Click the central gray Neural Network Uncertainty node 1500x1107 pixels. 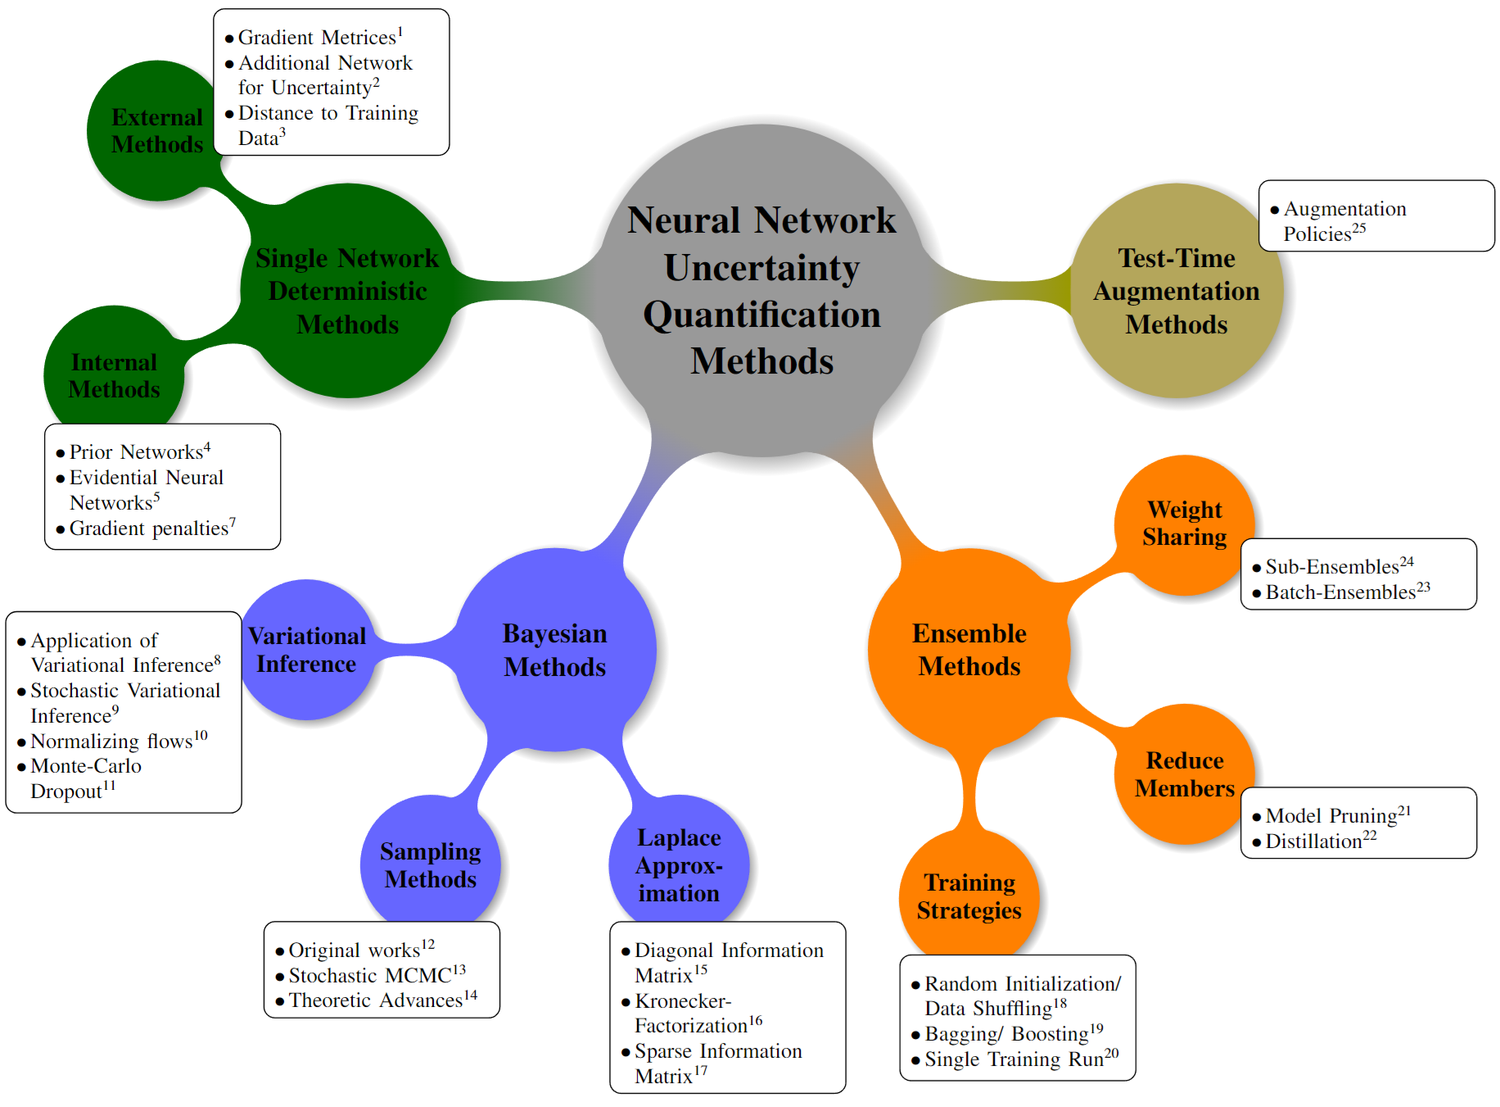[x=761, y=290]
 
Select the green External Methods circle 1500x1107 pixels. [x=156, y=131]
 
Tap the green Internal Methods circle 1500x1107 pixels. [x=114, y=375]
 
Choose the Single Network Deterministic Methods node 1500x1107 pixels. [x=347, y=291]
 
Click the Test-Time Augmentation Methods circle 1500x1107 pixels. [x=1176, y=291]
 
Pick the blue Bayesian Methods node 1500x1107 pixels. [x=555, y=650]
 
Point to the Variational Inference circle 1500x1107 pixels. [x=306, y=650]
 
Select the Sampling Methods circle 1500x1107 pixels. [x=431, y=865]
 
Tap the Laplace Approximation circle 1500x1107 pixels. [x=679, y=865]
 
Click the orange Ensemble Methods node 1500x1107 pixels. [x=969, y=650]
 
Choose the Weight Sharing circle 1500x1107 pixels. [x=1184, y=524]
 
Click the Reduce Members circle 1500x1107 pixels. [x=1184, y=774]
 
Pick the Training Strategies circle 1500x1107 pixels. [x=969, y=896]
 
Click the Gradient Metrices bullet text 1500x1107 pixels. [x=318, y=38]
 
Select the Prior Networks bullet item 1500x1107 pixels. [x=137, y=451]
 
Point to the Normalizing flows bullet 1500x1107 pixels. [x=112, y=741]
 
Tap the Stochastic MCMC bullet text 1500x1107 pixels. [x=370, y=975]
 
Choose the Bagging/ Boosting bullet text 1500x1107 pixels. [x=1007, y=1034]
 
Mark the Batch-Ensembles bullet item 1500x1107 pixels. [x=1340, y=592]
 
